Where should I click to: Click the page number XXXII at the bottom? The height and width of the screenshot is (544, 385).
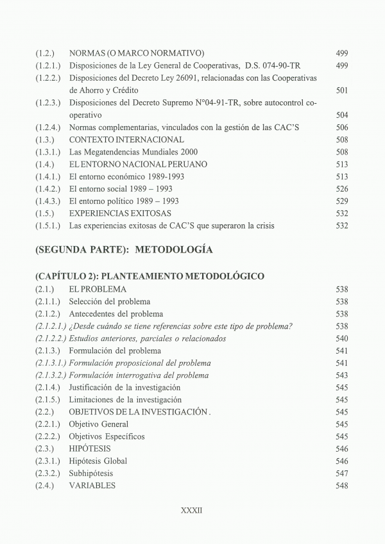coord(193,512)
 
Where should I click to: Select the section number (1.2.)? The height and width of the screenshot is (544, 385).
coord(46,53)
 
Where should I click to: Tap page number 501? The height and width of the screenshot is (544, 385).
coord(341,90)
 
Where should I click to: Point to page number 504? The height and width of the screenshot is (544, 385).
coord(341,115)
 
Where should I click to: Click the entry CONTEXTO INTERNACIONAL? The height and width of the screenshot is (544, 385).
coord(126,139)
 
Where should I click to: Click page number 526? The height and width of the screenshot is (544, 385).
coord(341,188)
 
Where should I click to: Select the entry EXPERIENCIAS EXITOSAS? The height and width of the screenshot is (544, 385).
coord(120,213)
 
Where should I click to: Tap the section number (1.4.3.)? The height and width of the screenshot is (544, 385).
coord(48,201)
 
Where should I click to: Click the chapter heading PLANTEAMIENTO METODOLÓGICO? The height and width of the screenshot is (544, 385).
coord(150,276)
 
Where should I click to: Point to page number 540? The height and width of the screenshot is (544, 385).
coord(341,338)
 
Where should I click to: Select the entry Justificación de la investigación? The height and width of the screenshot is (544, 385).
coord(124,387)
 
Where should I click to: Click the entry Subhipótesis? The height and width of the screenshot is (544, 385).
coord(90,473)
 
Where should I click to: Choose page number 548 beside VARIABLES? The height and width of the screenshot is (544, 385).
coord(341,486)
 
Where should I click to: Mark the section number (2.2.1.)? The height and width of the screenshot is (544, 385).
coord(48,424)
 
